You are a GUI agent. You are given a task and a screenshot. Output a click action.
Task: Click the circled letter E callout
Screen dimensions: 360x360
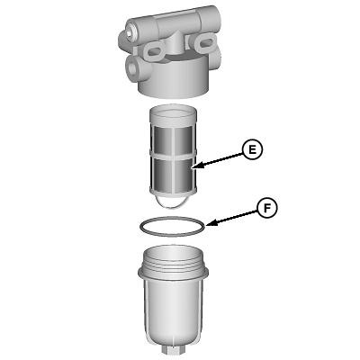click(x=253, y=149)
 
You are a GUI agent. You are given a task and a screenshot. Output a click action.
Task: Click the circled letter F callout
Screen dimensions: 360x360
click(x=267, y=208)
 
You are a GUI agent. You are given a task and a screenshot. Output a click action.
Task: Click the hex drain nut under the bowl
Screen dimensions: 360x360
click(x=173, y=349)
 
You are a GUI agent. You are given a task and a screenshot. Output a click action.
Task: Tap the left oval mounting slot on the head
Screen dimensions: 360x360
click(x=155, y=52)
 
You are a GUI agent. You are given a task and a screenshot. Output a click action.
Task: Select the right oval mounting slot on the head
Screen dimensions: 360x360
click(x=206, y=42)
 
